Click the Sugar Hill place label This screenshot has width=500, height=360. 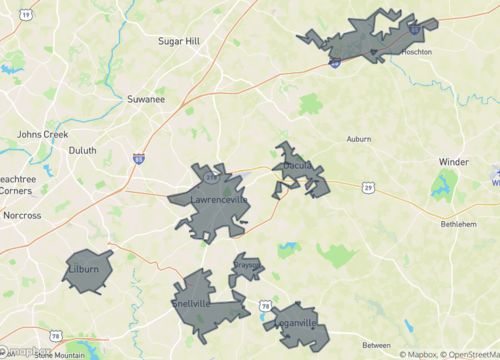coord(180,41)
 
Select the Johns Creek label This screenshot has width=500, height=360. coord(41,133)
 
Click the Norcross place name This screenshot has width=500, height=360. coord(22,215)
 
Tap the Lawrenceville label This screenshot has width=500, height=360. coord(219,200)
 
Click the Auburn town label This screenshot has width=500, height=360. coord(359,138)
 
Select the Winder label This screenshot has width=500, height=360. coord(453,161)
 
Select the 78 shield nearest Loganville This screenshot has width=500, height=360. coord(265,305)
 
